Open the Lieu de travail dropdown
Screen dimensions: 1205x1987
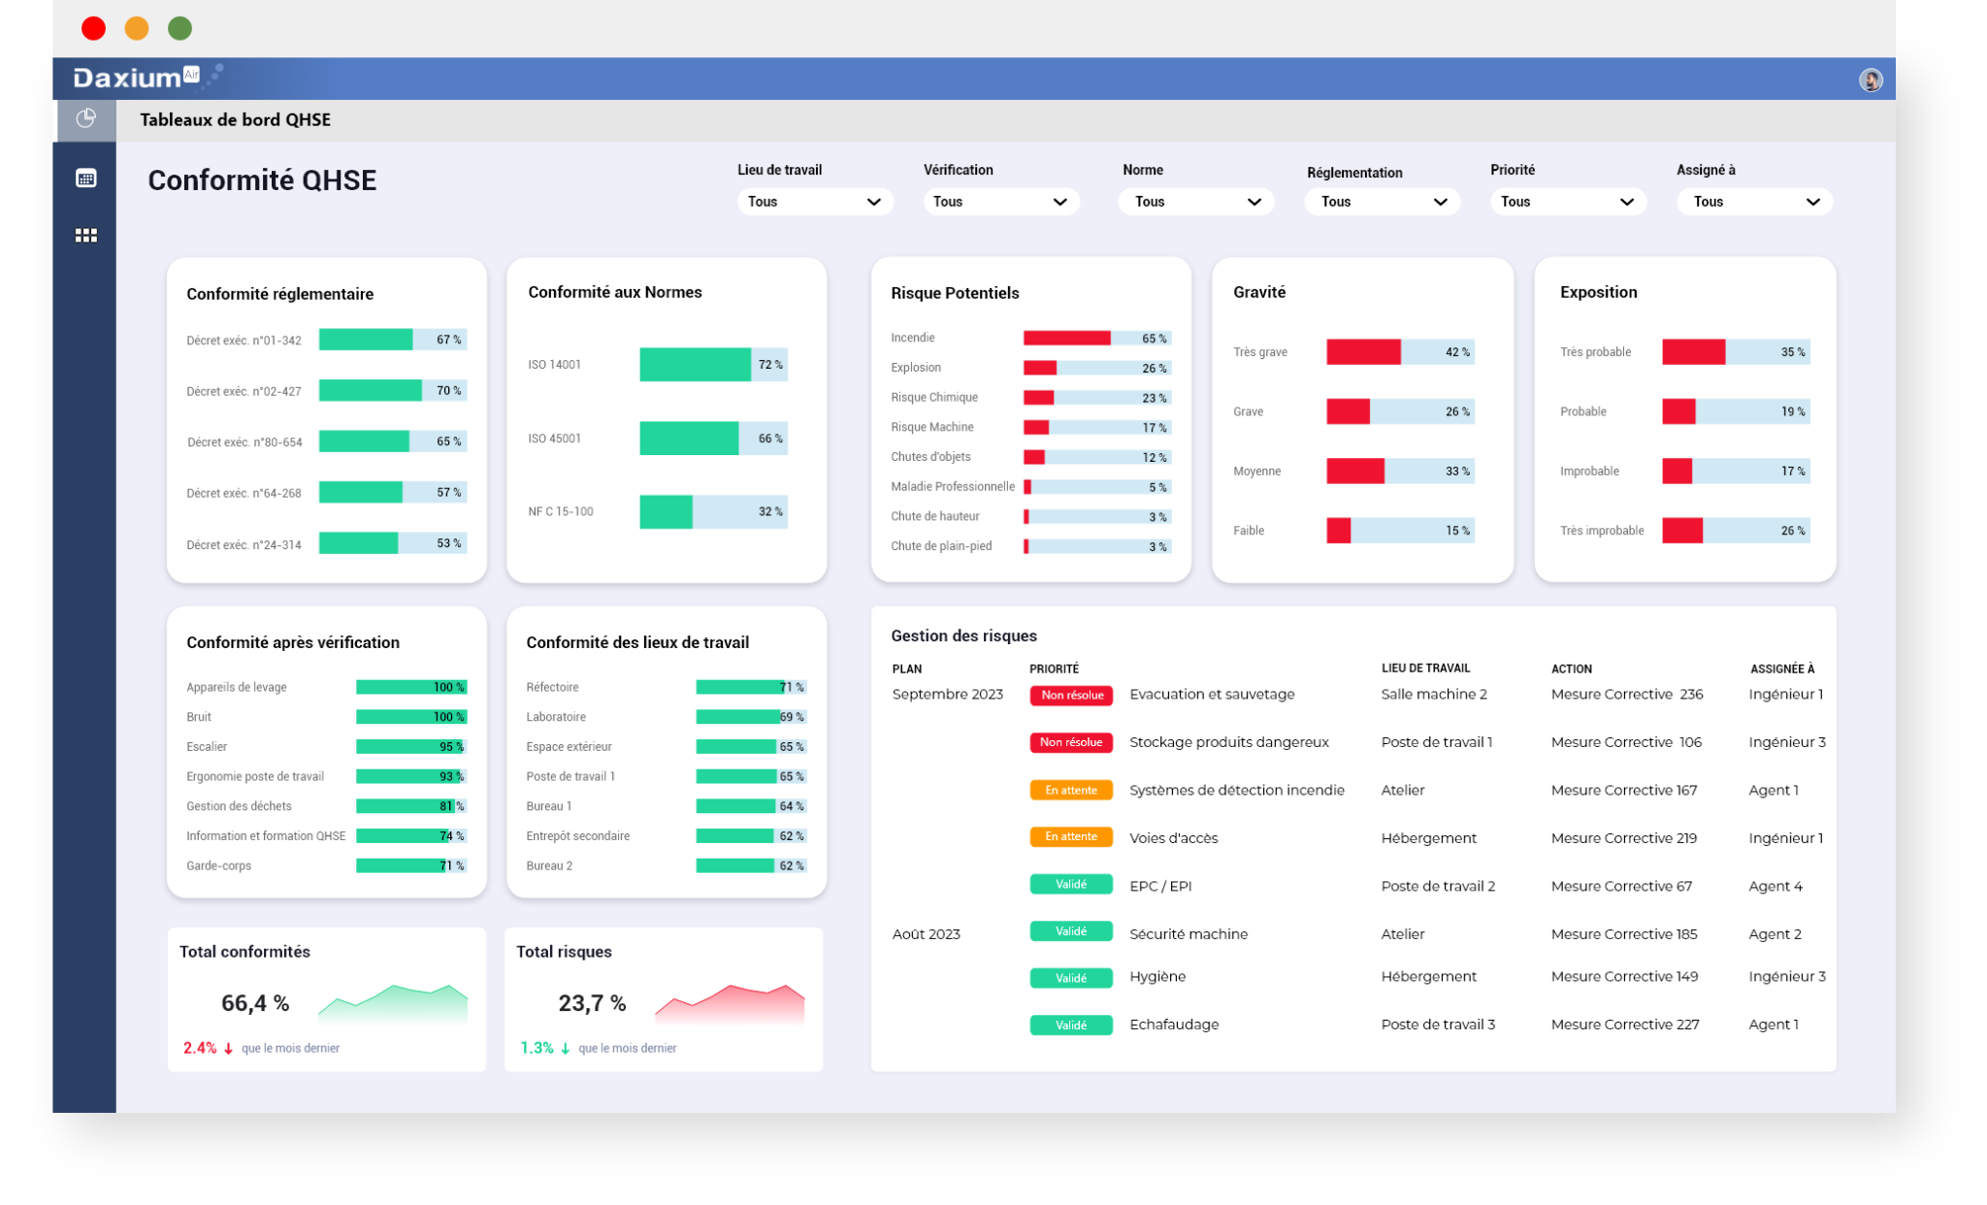coord(813,202)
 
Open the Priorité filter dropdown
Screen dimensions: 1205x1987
coord(1567,202)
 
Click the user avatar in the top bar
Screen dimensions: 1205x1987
coord(1871,80)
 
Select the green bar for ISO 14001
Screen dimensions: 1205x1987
coord(695,365)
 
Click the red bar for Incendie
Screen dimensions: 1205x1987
coord(1066,339)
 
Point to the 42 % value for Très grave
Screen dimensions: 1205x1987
coord(1457,352)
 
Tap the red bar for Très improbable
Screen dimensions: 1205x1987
coord(1682,531)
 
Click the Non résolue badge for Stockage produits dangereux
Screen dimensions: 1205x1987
coord(1071,742)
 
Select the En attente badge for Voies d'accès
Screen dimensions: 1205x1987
coord(1071,837)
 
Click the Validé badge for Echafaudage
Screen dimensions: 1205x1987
coord(1071,1026)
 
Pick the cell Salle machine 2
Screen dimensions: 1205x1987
coord(1434,695)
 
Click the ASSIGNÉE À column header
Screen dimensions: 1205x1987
coord(1782,668)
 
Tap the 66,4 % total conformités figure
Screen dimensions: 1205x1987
coord(255,1003)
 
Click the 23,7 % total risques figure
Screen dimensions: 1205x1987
coord(592,1003)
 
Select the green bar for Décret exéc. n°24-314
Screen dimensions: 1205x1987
coord(358,543)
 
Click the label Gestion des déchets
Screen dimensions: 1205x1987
coord(239,806)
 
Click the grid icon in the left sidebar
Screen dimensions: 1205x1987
coord(86,236)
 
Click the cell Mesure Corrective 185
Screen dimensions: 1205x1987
coord(1624,934)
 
